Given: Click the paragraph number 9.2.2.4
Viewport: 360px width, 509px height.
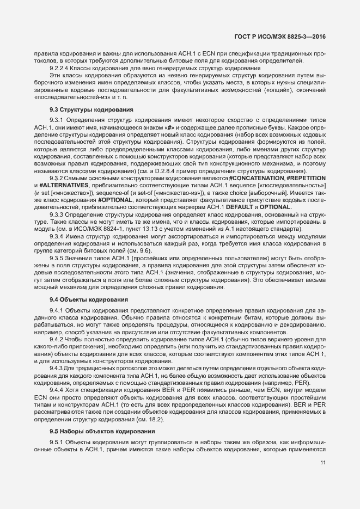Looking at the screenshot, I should (x=59, y=69).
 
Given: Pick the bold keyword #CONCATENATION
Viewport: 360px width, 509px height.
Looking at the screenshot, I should (x=255, y=179).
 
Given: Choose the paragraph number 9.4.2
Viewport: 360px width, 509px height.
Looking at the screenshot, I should (x=57, y=340).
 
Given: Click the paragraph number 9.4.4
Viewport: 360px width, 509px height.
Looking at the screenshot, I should (x=57, y=390).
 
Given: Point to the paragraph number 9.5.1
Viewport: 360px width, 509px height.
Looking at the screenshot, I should (x=57, y=443).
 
